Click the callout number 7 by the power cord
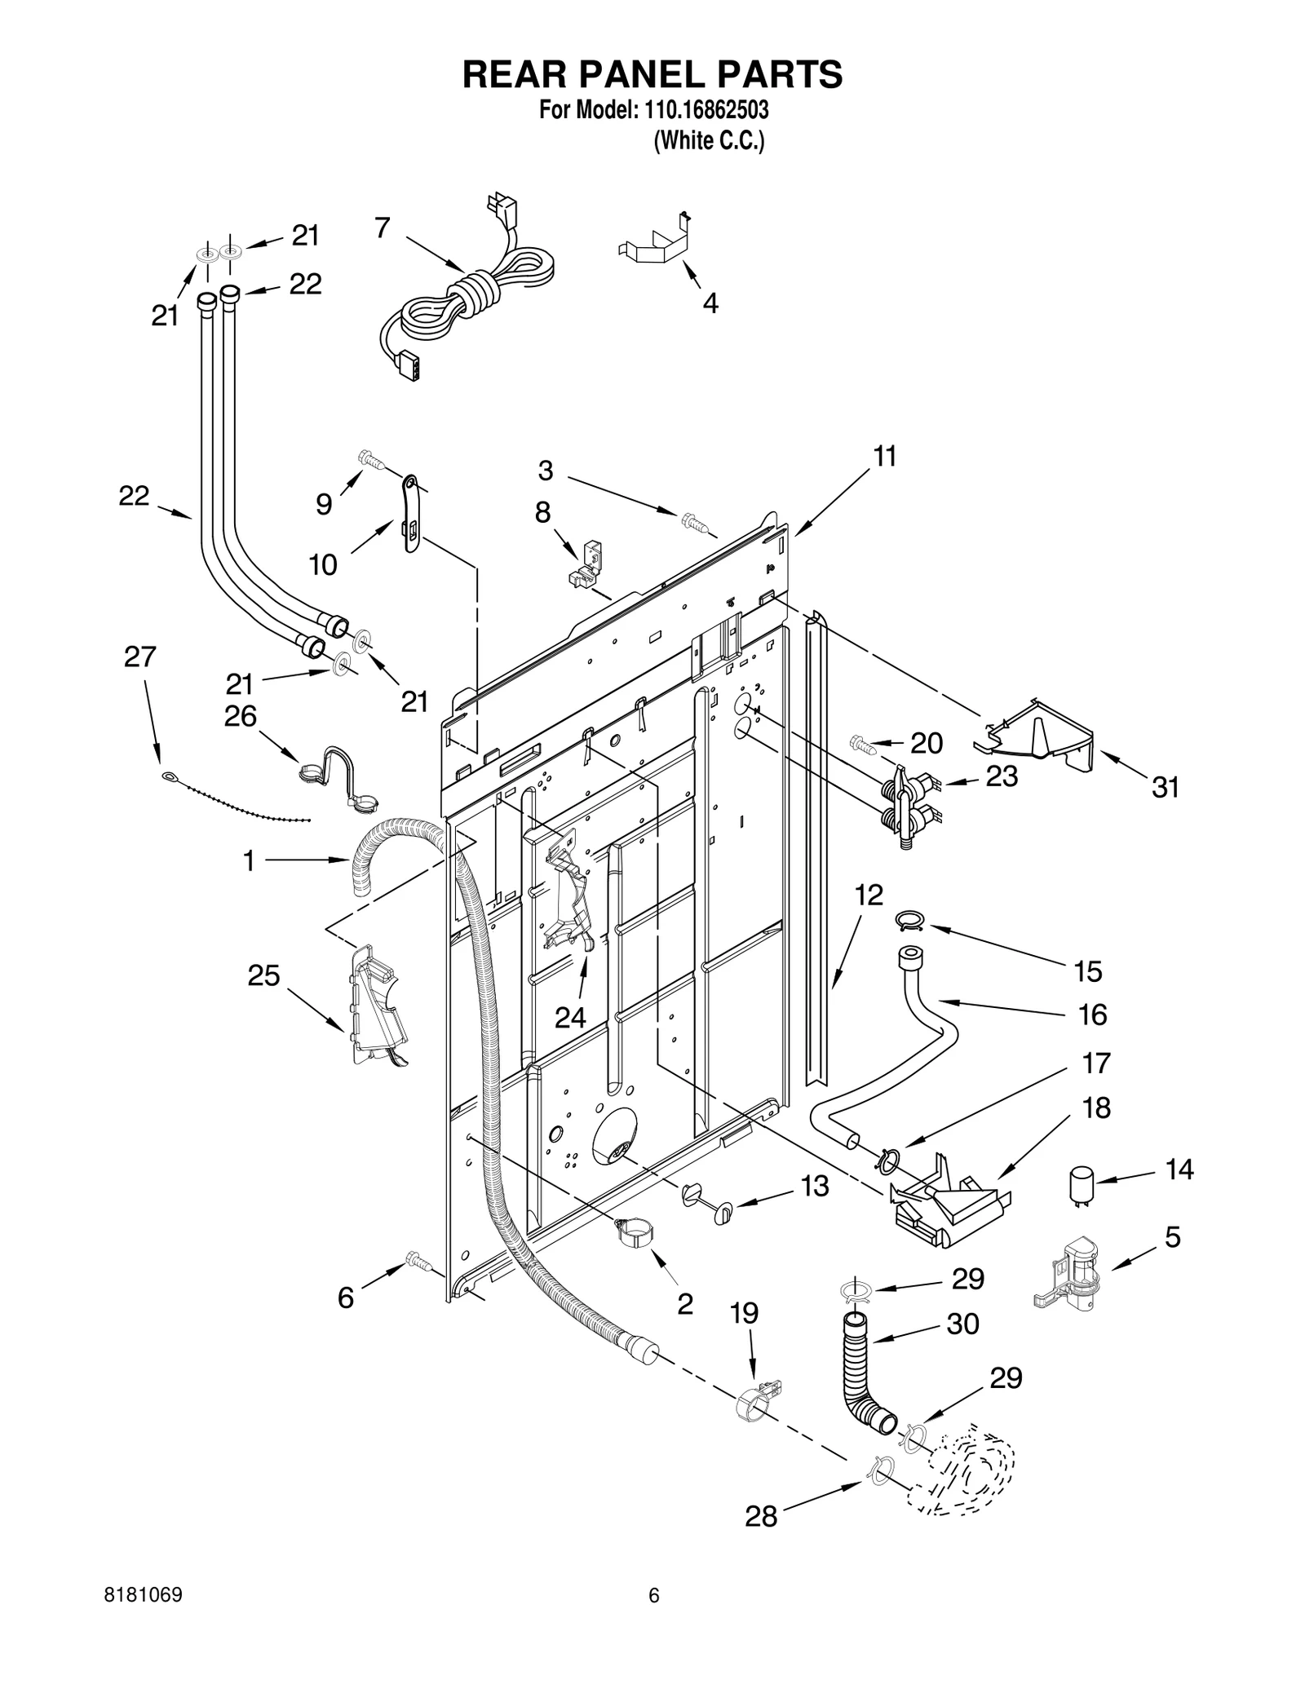coord(383,228)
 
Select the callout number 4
coord(710,303)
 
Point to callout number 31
coord(1166,787)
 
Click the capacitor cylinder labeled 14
coord(1082,1184)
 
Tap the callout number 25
coord(263,975)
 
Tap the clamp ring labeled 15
coord(909,921)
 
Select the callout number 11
coord(885,457)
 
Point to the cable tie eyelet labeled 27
coord(167,776)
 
